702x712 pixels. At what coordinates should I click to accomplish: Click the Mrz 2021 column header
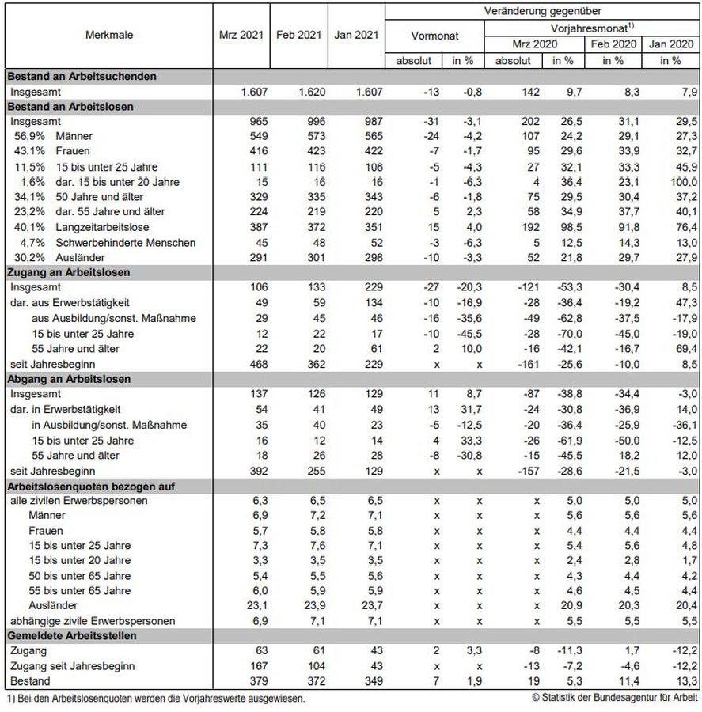(241, 36)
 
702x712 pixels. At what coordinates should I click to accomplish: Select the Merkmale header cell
(109, 36)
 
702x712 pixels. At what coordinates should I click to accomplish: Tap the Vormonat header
(434, 36)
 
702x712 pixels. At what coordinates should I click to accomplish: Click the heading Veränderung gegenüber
(542, 11)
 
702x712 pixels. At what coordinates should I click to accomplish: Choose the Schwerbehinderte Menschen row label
(126, 242)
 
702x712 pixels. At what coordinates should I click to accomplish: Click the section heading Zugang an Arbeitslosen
(69, 272)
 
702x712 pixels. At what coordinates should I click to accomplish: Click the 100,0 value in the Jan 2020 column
(683, 182)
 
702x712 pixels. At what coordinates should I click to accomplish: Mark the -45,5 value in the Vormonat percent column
(467, 332)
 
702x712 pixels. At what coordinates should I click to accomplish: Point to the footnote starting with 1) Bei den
(155, 698)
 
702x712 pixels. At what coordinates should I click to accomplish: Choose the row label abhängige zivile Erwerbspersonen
(92, 620)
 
